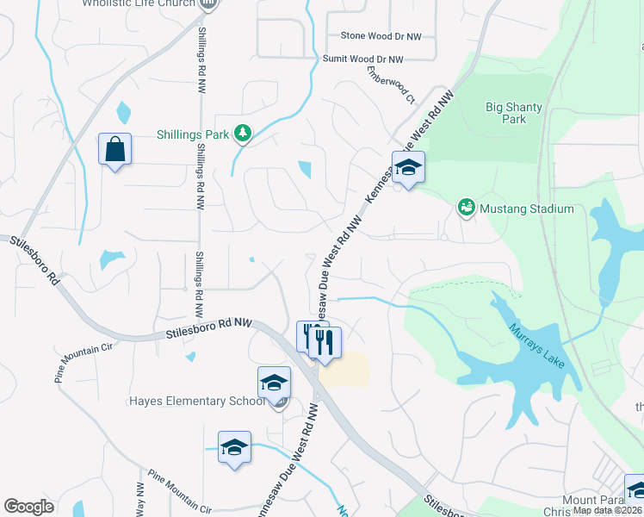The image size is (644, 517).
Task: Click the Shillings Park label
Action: [193, 134]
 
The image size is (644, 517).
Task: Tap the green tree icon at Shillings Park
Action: [244, 133]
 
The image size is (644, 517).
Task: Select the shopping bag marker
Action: [115, 151]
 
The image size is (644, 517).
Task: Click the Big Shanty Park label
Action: [514, 113]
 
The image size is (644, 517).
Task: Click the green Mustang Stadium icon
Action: [466, 208]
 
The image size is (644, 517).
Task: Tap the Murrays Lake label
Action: [536, 346]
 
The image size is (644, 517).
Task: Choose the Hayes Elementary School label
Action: [197, 402]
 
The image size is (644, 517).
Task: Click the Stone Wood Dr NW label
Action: [381, 36]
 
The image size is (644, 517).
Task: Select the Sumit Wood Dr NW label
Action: [362, 59]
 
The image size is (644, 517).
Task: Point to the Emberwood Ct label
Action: [391, 85]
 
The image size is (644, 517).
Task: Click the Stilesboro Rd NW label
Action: [207, 328]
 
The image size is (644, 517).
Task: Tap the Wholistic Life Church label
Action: [139, 3]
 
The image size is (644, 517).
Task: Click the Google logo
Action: [28, 507]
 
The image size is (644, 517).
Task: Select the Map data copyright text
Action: [607, 510]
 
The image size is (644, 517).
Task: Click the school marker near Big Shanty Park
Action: [408, 168]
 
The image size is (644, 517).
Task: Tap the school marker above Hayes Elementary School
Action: [275, 383]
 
